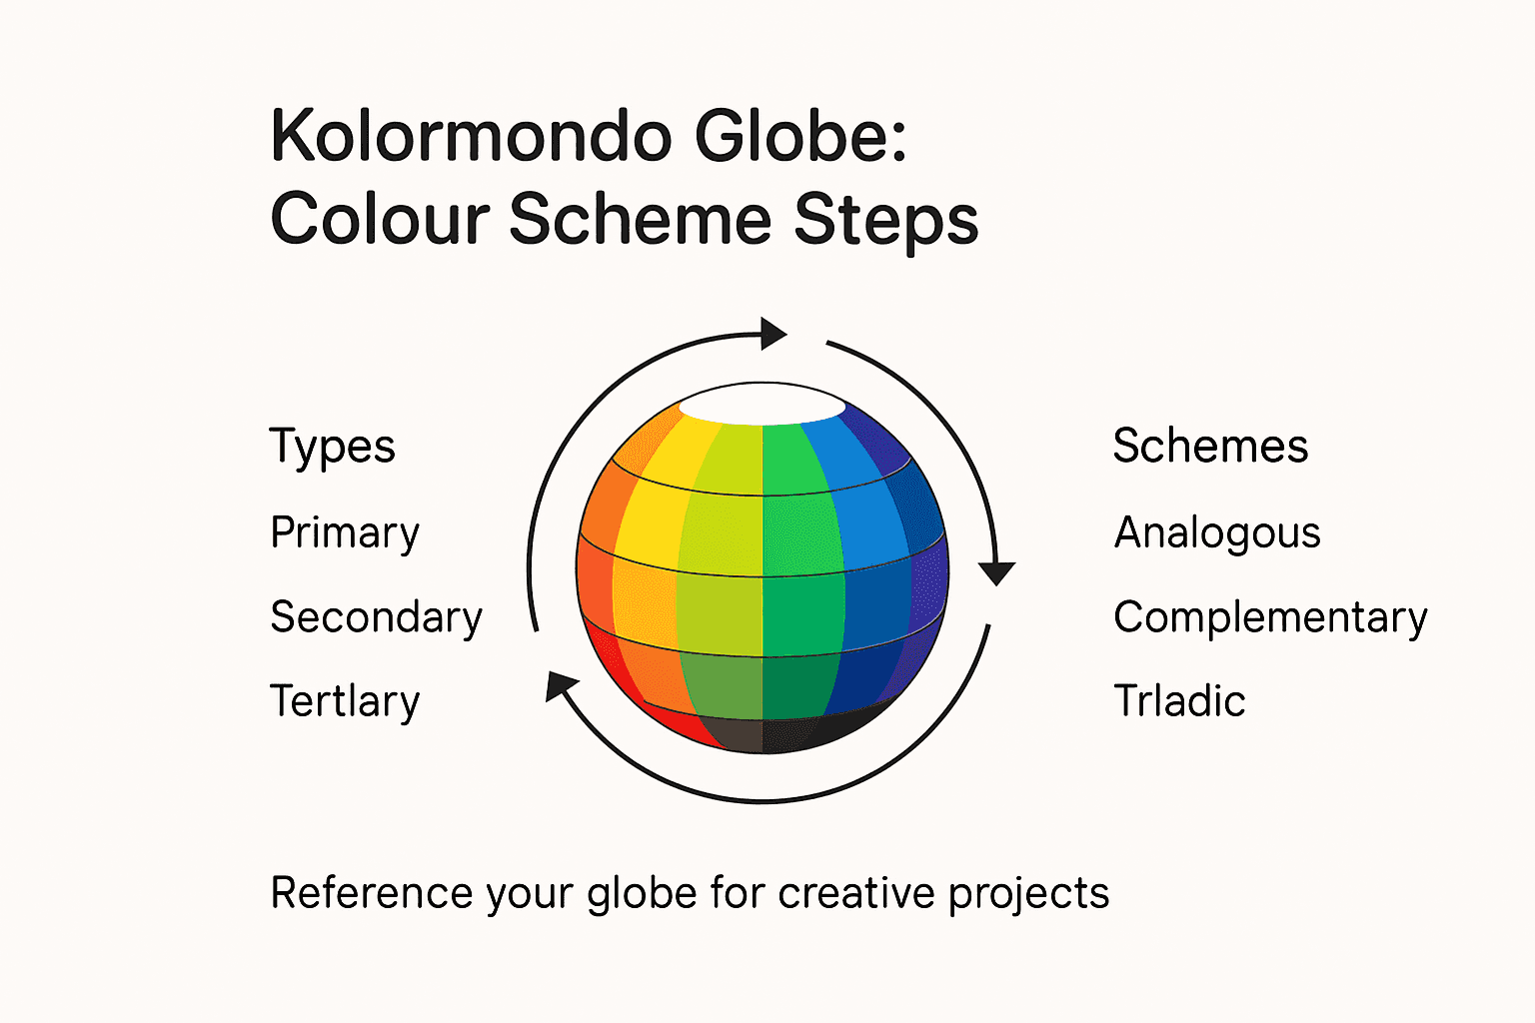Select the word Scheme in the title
tap(640, 219)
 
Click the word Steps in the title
tap(885, 221)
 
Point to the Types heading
tap(332, 447)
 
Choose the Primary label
tap(345, 533)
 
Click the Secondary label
tap(376, 617)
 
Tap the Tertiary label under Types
tap(345, 701)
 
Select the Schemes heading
tap(1210, 446)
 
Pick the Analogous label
tap(1217, 533)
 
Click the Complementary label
tap(1270, 618)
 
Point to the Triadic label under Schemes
tap(1179, 701)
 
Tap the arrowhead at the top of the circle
tap(772, 334)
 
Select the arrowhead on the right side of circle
tap(996, 572)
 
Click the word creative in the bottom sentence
tap(857, 893)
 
